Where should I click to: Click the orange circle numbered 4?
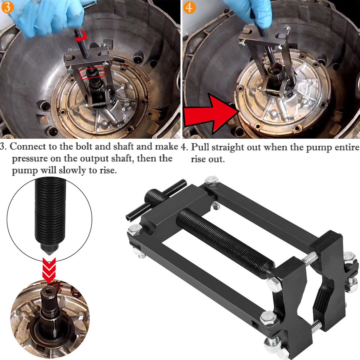[x=190, y=7]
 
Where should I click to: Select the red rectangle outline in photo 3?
[x=92, y=72]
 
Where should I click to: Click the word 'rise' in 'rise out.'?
[x=198, y=159]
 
